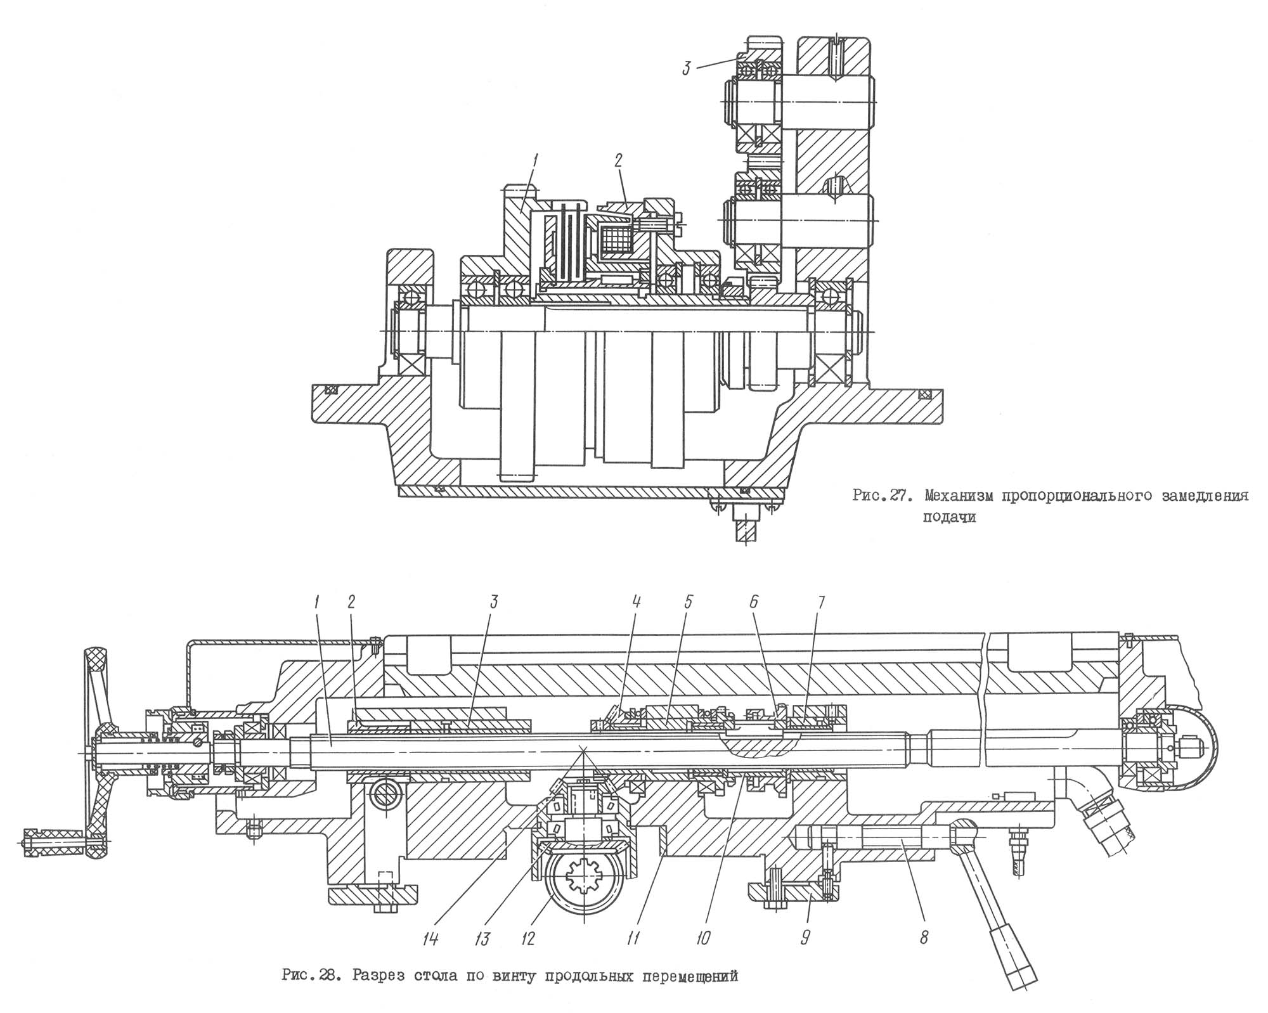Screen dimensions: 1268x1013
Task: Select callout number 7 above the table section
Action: click(x=821, y=602)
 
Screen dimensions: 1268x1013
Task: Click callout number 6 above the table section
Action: click(x=754, y=602)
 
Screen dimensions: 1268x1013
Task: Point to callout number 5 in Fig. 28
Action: click(x=689, y=602)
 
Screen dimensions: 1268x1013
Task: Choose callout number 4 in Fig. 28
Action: click(x=637, y=602)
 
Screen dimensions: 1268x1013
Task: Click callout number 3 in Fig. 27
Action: click(x=687, y=68)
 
